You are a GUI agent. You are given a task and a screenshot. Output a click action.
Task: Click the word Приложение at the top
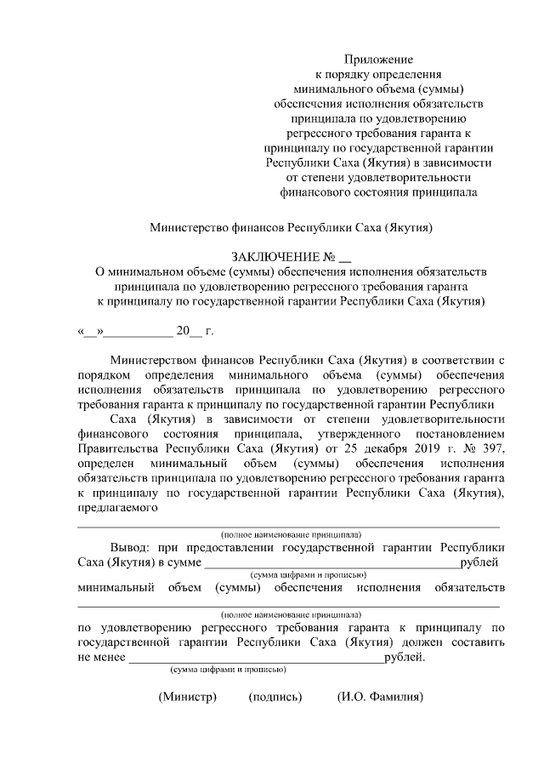point(378,60)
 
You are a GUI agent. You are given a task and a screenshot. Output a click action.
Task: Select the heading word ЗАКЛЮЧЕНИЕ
point(277,257)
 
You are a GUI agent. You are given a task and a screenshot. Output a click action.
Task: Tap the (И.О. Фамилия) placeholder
point(380,698)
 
